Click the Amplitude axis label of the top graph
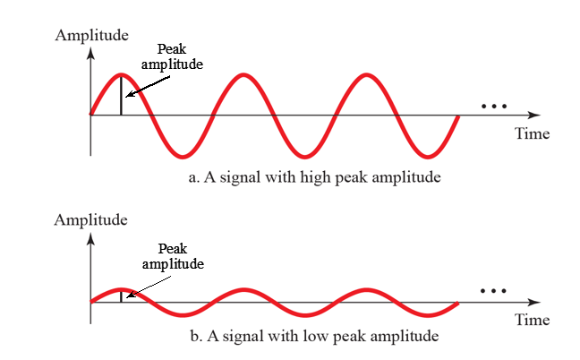tap(91, 36)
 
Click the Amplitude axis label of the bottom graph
tap(91, 219)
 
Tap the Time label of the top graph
tap(532, 134)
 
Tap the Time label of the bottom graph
tap(532, 320)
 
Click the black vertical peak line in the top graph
tap(121, 94)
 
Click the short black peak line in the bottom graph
tap(121, 296)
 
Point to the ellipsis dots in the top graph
tap(493, 107)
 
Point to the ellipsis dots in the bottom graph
tap(493, 291)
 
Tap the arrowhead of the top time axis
tap(535, 115)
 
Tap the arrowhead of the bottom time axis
tap(535, 302)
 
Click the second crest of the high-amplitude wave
tap(243, 74)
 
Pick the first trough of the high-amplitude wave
tap(183, 154)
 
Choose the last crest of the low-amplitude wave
tap(366, 290)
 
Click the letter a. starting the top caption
tap(194, 176)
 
